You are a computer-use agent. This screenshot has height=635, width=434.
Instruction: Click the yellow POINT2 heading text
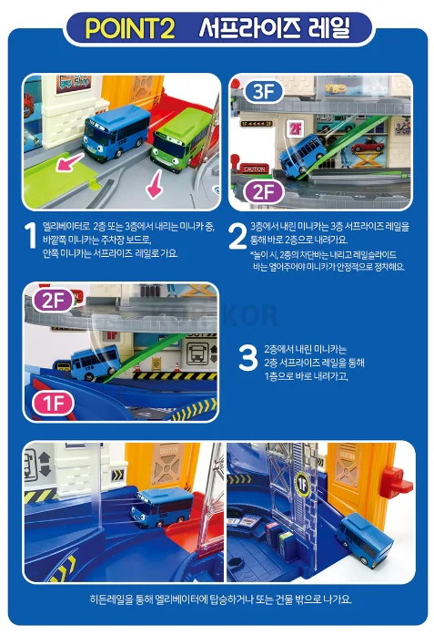[130, 29]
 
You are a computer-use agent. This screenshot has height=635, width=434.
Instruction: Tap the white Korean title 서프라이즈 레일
[274, 28]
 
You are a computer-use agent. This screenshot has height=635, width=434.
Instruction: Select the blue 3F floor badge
[263, 91]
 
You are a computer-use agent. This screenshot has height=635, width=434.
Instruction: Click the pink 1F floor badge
[53, 403]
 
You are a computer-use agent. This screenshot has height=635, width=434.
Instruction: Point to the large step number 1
[30, 235]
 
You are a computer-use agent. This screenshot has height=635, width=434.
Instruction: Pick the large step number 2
[237, 236]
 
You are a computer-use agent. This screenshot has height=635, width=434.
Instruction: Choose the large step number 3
[247, 358]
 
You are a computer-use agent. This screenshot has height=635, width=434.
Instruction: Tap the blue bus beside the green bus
[116, 132]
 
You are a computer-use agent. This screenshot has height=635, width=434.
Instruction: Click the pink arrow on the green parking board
[70, 161]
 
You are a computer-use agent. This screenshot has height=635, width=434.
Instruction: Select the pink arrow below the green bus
[156, 184]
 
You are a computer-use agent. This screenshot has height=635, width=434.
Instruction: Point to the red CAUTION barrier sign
[254, 169]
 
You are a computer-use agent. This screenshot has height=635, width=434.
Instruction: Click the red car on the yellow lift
[368, 146]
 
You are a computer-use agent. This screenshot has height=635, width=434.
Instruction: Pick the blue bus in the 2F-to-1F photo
[95, 363]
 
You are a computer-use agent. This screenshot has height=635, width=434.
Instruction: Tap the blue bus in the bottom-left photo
[162, 507]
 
